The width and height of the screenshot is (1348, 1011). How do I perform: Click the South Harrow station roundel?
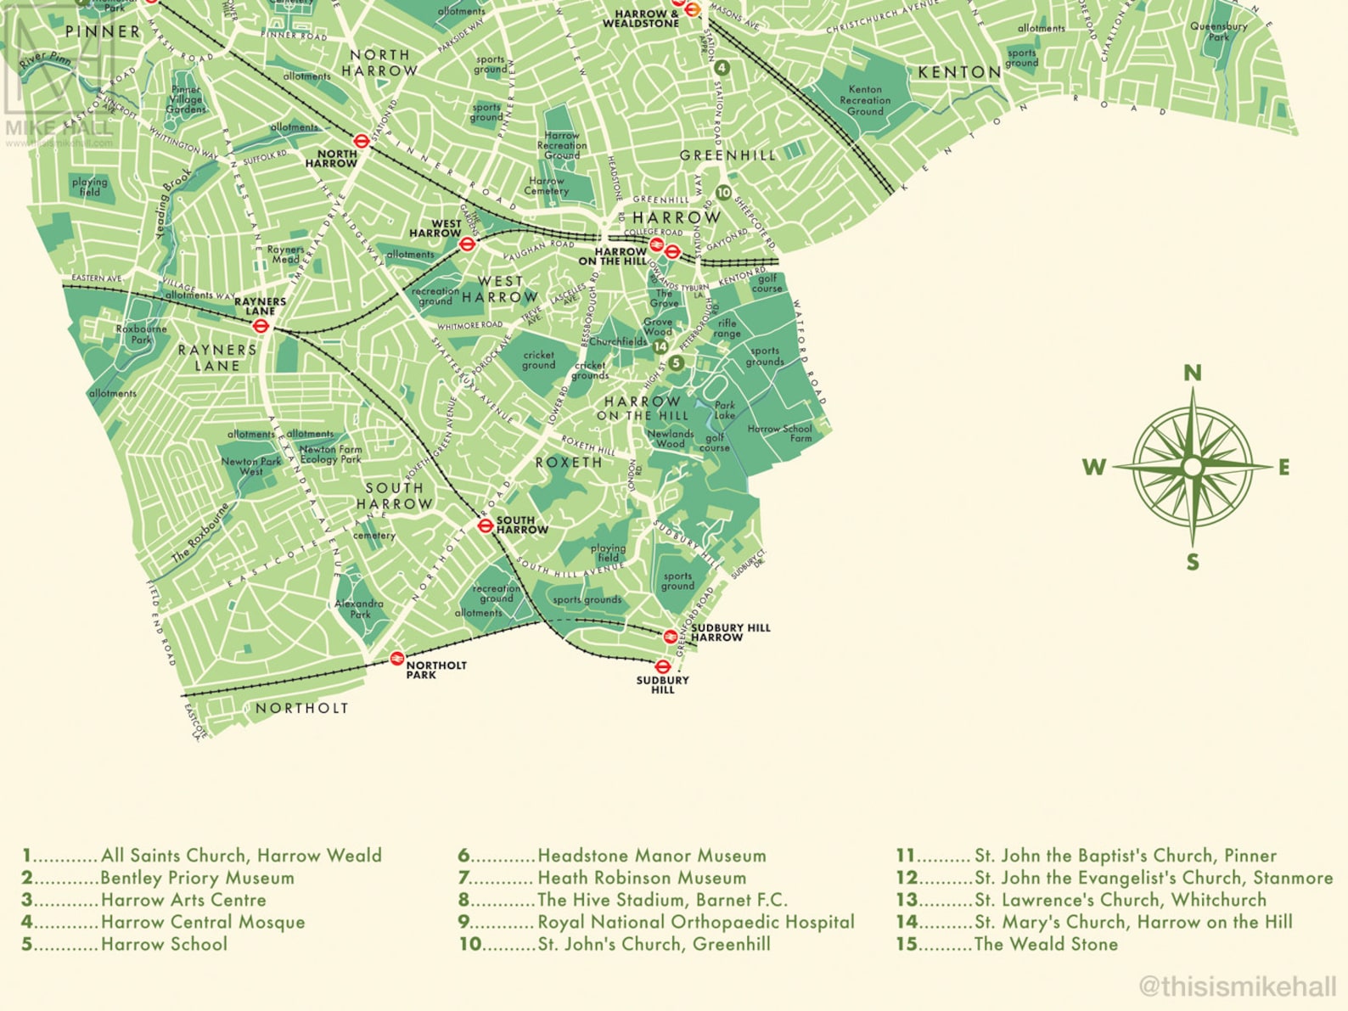coord(485,525)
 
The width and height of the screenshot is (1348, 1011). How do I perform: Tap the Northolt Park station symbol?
coord(396,658)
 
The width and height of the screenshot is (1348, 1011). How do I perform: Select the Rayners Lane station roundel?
coord(261,325)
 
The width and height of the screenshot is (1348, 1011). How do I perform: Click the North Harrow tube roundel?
coord(361,142)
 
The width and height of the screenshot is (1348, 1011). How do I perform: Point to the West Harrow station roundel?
coord(466,244)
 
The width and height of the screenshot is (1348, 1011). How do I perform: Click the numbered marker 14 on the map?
coord(660,346)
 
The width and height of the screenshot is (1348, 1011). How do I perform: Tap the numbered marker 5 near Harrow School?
coord(676,363)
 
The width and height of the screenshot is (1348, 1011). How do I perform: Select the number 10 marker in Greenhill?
coord(723,193)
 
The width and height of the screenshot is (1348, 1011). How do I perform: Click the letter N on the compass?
coord(1192,373)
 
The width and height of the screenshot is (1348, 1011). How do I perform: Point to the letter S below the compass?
coord(1193,562)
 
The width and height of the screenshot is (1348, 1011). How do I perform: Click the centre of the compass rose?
coord(1193,467)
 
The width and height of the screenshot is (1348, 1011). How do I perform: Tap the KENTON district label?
coord(959,72)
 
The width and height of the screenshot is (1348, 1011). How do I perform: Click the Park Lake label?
coord(724,410)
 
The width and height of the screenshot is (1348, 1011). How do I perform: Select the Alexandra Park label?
coord(359,609)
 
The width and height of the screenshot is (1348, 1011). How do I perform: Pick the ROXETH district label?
coord(568,463)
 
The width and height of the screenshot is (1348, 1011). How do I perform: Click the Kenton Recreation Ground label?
coord(865,100)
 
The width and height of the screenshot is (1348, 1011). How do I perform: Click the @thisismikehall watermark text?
coord(1237,986)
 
